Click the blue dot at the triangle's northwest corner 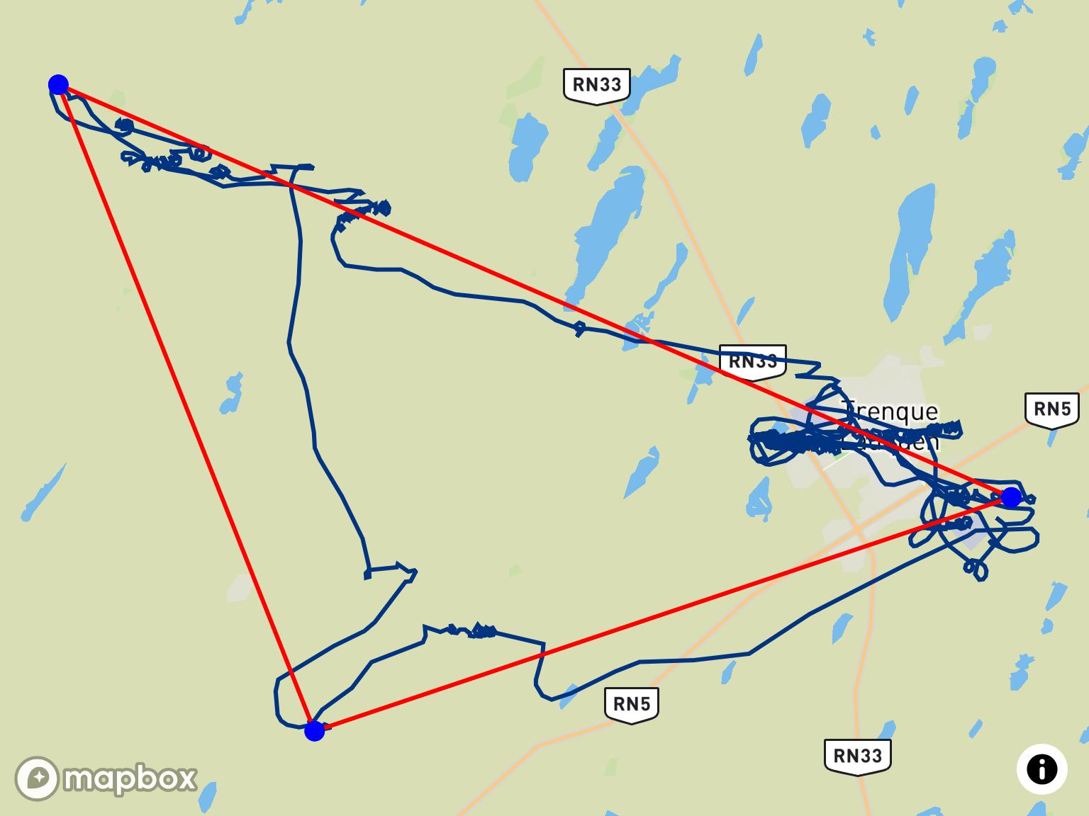click(x=58, y=85)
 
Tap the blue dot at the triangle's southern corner click(x=314, y=730)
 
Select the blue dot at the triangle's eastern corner click(x=1011, y=497)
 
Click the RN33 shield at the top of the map click(x=597, y=85)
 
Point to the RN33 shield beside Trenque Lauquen click(x=753, y=361)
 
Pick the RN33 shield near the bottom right click(x=857, y=756)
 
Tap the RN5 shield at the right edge click(x=1052, y=409)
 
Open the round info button click(x=1041, y=769)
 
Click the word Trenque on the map click(x=890, y=411)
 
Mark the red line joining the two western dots click(x=186, y=407)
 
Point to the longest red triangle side click(x=535, y=291)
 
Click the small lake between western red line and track click(x=231, y=394)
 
